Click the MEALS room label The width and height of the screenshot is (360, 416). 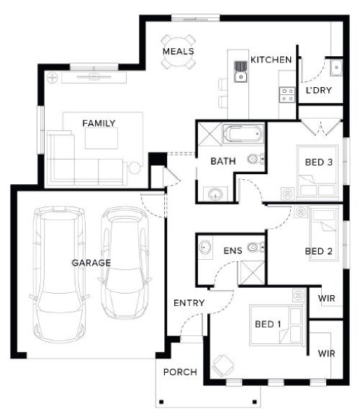(178, 52)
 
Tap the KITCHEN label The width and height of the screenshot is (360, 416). (271, 60)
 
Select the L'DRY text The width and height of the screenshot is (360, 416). (318, 90)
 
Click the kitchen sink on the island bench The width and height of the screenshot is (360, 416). (240, 72)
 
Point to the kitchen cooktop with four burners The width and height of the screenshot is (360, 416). (287, 95)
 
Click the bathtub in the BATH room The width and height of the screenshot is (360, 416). (243, 133)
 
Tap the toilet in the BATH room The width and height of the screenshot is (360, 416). (256, 159)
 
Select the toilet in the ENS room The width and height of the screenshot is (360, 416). (256, 248)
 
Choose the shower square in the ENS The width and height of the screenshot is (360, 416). (252, 273)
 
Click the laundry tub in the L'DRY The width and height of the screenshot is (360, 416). (336, 68)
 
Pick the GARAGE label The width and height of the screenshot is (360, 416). (91, 263)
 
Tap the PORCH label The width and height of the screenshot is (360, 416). (180, 372)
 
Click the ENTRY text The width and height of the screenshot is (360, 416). (189, 303)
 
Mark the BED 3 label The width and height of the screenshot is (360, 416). (318, 162)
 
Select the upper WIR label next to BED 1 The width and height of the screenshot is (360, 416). (327, 298)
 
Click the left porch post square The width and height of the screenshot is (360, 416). (161, 402)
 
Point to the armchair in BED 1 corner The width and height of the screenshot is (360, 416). (223, 366)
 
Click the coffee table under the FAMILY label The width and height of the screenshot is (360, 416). (102, 138)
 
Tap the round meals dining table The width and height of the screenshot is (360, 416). (178, 52)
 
